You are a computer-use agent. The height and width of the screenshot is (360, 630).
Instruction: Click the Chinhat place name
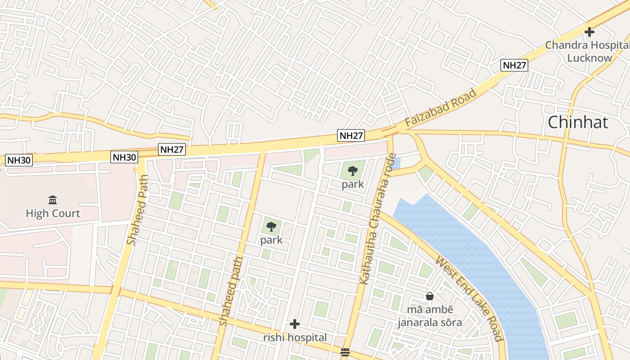click(578, 122)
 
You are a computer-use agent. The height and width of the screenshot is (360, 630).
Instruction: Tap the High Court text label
click(53, 213)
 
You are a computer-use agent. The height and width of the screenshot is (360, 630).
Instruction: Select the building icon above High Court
click(53, 200)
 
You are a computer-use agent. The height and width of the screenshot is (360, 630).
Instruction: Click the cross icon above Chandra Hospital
click(589, 32)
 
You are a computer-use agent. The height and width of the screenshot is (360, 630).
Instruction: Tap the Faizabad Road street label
click(440, 108)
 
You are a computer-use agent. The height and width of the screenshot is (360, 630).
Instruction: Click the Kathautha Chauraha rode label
click(377, 219)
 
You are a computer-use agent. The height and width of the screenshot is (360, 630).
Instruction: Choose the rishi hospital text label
click(295, 337)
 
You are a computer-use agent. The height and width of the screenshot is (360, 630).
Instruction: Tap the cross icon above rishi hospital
click(295, 324)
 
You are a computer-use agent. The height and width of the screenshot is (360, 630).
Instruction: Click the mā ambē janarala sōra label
click(429, 316)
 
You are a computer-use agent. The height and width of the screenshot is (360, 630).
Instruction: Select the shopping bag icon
click(430, 296)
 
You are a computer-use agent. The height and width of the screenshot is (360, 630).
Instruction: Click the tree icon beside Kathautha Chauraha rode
click(353, 171)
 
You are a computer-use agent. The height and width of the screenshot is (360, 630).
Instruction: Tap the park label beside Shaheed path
click(271, 240)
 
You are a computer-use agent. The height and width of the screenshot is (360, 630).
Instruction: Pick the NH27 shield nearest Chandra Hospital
click(514, 65)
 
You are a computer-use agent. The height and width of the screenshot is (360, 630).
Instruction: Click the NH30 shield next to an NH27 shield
click(124, 157)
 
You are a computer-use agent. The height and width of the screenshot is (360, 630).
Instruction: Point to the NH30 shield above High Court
click(19, 160)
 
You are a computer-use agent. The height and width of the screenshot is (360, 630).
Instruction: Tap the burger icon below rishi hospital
click(345, 352)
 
